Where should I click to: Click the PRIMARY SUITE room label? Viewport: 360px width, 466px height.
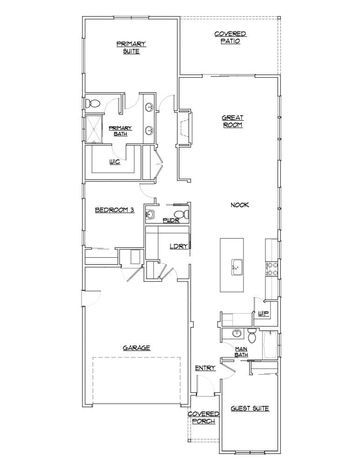(131, 48)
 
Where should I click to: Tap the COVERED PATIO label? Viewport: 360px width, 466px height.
(230, 37)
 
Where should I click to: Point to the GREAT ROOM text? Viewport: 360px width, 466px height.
(232, 121)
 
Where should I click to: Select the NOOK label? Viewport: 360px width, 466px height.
(240, 205)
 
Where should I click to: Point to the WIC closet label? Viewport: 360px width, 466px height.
(115, 162)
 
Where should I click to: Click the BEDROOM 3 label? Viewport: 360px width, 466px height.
(115, 210)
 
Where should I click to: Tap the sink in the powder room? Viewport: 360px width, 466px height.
(150, 214)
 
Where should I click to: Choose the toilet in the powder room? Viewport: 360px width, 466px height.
(184, 214)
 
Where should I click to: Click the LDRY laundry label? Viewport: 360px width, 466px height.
(178, 247)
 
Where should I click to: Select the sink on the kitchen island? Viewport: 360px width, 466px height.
(236, 267)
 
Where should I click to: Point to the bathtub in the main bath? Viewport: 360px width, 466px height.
(270, 345)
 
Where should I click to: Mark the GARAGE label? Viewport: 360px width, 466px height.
(136, 348)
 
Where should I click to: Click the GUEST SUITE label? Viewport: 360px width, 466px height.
(250, 409)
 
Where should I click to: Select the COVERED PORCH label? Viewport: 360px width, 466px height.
(204, 418)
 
